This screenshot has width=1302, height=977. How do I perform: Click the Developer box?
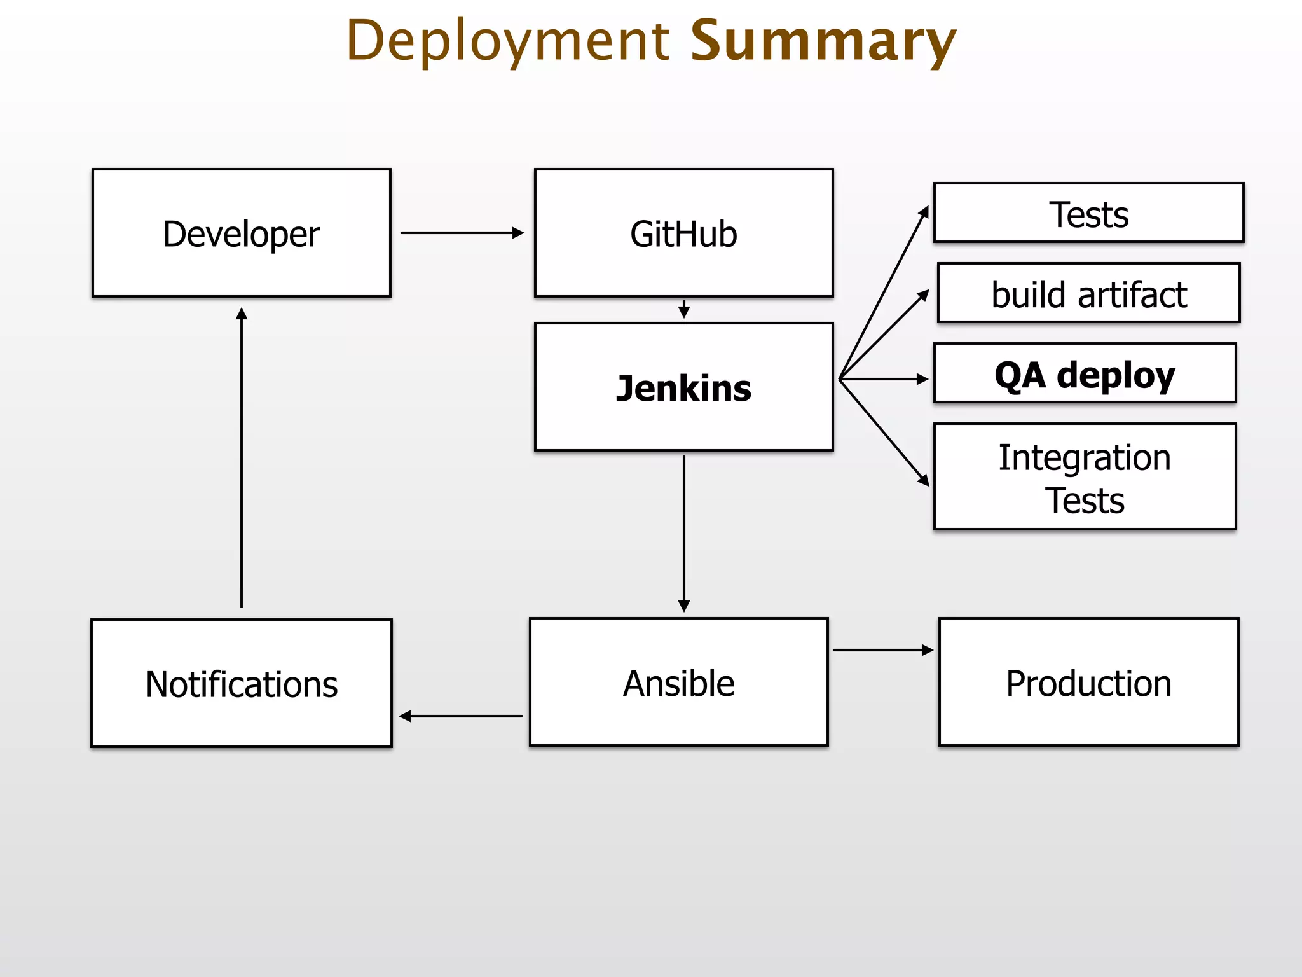pos(241,233)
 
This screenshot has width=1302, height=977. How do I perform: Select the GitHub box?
pos(683,233)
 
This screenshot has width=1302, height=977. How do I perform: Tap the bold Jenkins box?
pos(683,387)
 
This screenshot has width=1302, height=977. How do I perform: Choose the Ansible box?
pos(678,682)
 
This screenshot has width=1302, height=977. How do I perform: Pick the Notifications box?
pos(241,683)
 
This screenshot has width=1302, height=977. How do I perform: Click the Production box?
pos(1088,682)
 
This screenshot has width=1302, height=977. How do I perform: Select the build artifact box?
pos(1088,293)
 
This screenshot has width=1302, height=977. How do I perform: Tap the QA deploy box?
pos(1085,373)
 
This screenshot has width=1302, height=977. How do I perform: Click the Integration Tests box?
pos(1085,476)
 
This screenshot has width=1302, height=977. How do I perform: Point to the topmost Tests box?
pos(1088,213)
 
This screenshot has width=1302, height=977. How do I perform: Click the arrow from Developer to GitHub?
pos(462,233)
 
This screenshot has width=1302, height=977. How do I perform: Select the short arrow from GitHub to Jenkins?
pos(684,310)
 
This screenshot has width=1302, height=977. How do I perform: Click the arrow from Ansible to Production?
pos(882,650)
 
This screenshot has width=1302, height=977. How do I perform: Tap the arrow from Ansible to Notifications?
pos(462,716)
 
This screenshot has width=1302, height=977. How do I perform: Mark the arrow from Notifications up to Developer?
pos(242,458)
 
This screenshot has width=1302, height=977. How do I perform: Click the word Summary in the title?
pos(823,41)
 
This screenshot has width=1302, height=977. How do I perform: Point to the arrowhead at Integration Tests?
pos(924,480)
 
